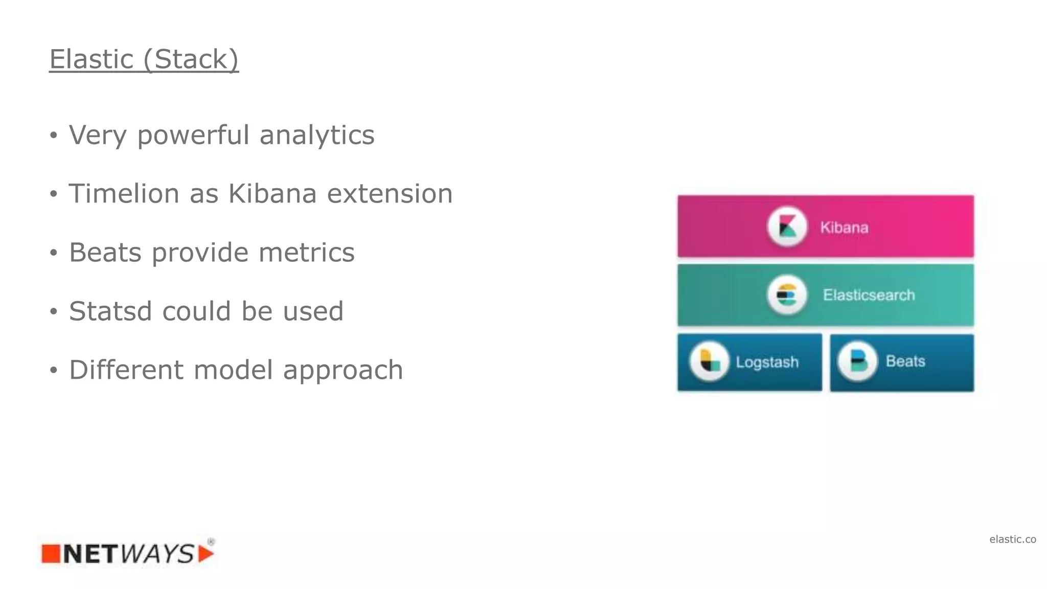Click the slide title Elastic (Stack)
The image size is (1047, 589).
click(144, 59)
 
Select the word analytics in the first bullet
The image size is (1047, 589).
click(317, 135)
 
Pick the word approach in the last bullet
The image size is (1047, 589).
click(343, 371)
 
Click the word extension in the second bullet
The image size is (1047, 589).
click(390, 194)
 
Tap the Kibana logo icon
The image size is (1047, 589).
click(787, 226)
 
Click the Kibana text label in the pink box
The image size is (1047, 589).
click(844, 228)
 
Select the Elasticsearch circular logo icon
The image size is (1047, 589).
click(787, 295)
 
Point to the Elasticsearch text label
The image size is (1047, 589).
click(869, 295)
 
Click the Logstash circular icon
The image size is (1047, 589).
click(709, 361)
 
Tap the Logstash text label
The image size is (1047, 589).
click(767, 362)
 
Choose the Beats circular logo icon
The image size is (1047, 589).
click(857, 361)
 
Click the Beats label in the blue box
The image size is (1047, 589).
click(905, 361)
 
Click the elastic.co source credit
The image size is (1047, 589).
click(1012, 539)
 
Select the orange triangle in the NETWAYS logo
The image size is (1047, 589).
click(206, 554)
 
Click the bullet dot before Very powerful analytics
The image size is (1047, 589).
click(54, 135)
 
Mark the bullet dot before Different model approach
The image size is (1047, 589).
click(54, 371)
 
